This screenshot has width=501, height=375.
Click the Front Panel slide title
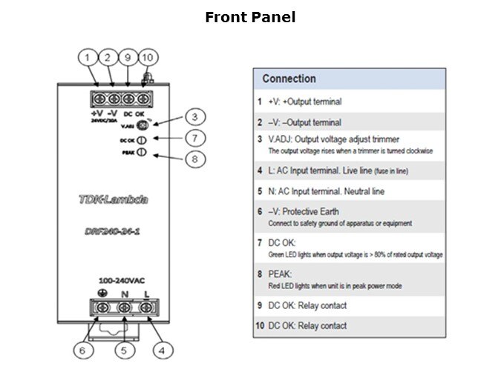250,17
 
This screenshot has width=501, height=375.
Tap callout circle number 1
88,57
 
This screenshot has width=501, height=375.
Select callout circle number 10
147,57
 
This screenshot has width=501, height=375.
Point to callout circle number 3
194,116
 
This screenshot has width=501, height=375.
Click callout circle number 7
194,138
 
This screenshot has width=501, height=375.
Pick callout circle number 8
194,158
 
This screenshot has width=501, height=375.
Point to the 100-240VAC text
122,281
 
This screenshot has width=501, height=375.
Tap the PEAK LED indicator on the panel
140,152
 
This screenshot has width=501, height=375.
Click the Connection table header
289,79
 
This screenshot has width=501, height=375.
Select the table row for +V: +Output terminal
349,102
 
